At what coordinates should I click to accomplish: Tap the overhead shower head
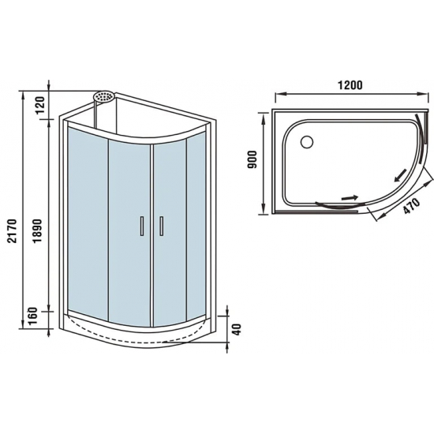click(103, 97)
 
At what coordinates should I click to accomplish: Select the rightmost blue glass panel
click(196, 229)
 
